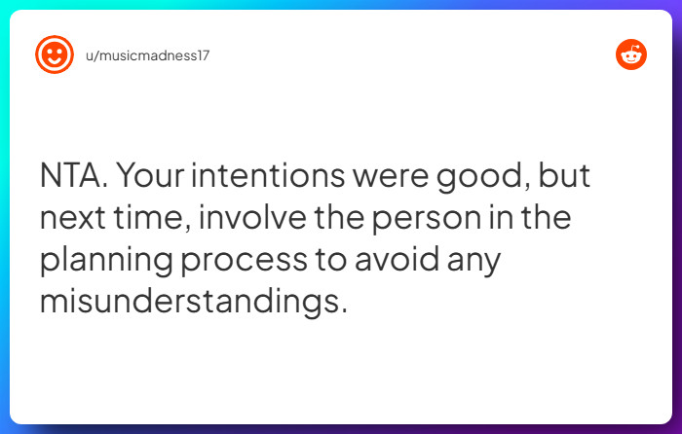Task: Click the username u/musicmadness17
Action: pos(146,55)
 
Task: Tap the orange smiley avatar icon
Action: pos(55,54)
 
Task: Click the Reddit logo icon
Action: pos(631,54)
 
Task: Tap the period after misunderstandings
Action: pos(343,310)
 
